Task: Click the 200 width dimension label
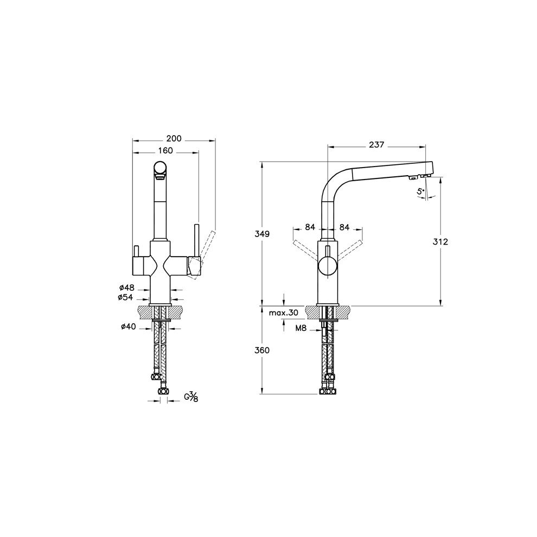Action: (174, 139)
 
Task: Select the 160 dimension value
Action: (165, 151)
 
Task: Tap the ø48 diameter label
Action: (127, 287)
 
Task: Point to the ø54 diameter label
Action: (125, 297)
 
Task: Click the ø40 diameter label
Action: (129, 327)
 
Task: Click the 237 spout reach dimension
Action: (376, 145)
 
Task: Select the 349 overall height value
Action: (262, 234)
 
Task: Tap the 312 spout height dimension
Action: (440, 242)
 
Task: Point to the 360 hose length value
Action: (262, 350)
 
